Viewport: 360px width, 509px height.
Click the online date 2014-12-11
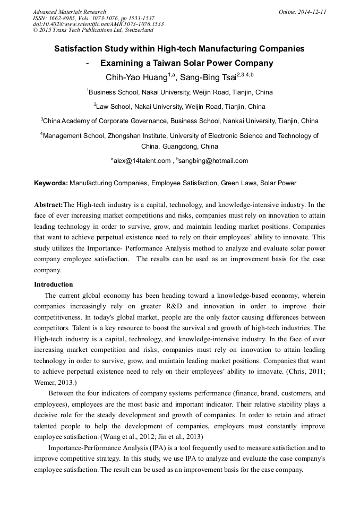(312, 12)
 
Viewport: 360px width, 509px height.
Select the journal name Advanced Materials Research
(70, 12)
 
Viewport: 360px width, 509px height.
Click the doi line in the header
(98, 24)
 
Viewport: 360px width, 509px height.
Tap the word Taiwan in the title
(167, 63)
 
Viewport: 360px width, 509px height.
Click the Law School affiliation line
(180, 106)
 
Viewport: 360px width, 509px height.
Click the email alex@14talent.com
(142, 161)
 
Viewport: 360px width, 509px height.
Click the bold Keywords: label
(51, 183)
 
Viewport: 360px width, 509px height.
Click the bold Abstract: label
(48, 204)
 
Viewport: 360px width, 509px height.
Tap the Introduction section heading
(54, 284)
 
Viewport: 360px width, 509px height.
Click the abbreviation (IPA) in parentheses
(153, 448)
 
